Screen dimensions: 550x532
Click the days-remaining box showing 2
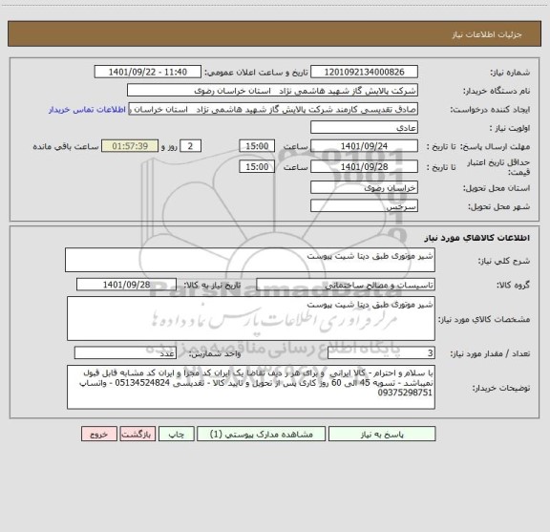tap(191, 145)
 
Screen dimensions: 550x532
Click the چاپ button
tap(176, 433)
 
